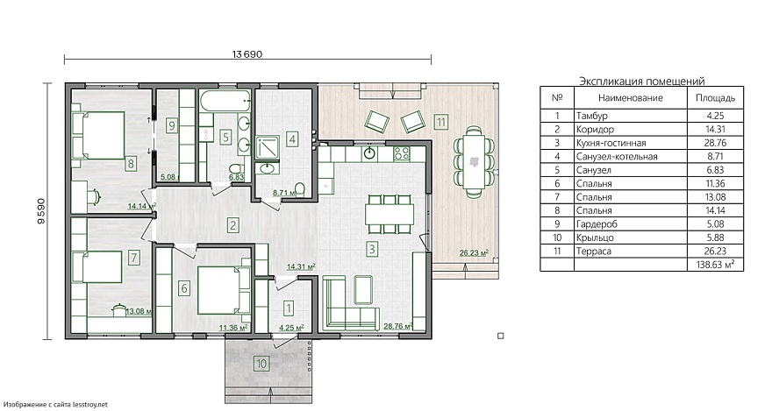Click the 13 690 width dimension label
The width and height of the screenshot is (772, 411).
(x=247, y=54)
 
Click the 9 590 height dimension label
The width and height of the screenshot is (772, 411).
(x=41, y=211)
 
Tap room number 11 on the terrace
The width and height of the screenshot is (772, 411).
(x=440, y=121)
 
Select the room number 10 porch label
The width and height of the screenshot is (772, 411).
(x=261, y=364)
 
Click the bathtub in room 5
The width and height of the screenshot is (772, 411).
(x=227, y=101)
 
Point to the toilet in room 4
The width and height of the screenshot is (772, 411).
(x=299, y=188)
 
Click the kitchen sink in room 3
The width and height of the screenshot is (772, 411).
(x=369, y=153)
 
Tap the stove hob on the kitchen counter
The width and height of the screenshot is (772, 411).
(x=401, y=153)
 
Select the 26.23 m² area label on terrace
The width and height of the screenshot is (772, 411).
(x=474, y=253)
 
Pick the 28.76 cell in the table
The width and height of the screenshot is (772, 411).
(x=715, y=143)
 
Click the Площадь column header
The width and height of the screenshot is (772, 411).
(x=715, y=98)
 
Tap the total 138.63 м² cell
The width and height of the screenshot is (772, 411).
(x=715, y=265)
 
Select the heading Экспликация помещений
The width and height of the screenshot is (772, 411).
(x=642, y=81)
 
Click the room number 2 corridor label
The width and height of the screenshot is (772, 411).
(x=232, y=226)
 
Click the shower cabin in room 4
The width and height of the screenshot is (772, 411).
(x=268, y=148)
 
